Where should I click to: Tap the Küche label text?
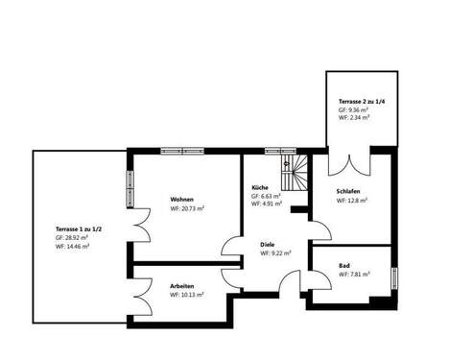tap(260, 186)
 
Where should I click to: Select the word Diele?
tap(268, 244)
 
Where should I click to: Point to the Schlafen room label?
tap(348, 191)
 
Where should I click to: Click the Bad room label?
tap(344, 264)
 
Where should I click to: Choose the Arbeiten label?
tap(183, 285)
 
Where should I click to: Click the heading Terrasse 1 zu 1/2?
tap(78, 228)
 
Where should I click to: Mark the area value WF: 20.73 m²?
tap(188, 206)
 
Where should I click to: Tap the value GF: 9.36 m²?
tap(354, 110)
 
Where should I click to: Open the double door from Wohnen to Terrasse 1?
tap(139, 231)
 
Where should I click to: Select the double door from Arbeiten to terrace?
tap(140, 292)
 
